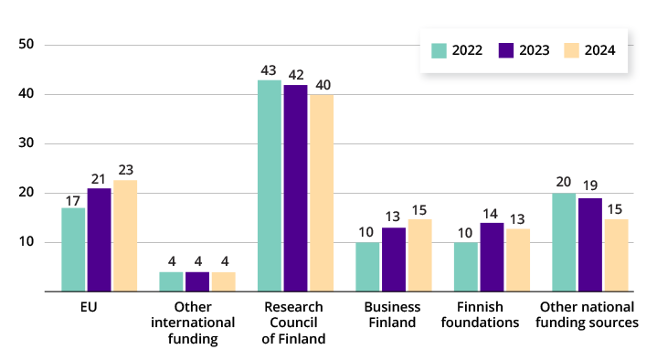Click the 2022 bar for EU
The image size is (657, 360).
[73, 249]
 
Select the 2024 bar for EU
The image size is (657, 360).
[125, 236]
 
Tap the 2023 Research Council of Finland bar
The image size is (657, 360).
[295, 188]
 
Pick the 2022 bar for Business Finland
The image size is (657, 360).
[367, 267]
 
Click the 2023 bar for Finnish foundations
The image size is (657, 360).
[492, 257]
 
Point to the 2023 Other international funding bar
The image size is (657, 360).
[197, 281]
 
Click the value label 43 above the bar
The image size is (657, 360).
[269, 70]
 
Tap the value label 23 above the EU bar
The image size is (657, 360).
[125, 170]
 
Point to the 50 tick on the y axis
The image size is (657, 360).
[26, 45]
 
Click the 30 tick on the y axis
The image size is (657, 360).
[26, 143]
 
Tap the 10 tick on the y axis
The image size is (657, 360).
[26, 242]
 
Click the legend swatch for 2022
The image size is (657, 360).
[439, 50]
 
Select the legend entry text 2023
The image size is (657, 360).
[535, 50]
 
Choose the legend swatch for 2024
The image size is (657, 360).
[572, 50]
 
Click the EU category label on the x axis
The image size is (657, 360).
[88, 307]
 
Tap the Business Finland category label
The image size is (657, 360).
[392, 314]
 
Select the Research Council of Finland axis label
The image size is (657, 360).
[294, 323]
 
